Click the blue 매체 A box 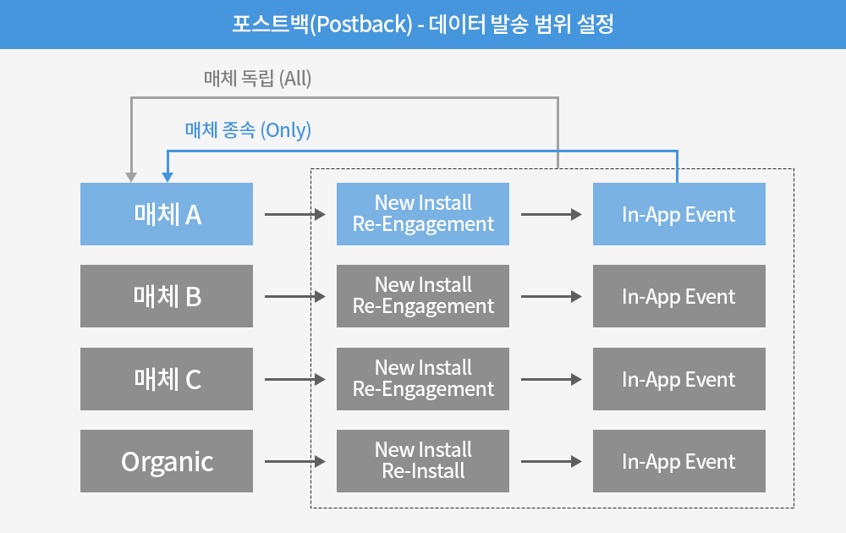166,214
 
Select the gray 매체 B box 166,296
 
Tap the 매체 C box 166,379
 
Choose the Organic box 166,461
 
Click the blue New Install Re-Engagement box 423,214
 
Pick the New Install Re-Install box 423,461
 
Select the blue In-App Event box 679,214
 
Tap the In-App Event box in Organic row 679,461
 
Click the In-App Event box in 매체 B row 679,296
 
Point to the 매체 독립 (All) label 257,79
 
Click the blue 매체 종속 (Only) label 248,130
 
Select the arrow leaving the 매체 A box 295,215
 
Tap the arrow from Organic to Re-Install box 295,462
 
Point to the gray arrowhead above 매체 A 131,178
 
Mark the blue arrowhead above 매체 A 168,178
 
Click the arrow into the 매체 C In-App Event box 552,380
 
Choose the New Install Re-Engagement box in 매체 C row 423,379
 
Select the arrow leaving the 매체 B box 295,297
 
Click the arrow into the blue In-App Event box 552,215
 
